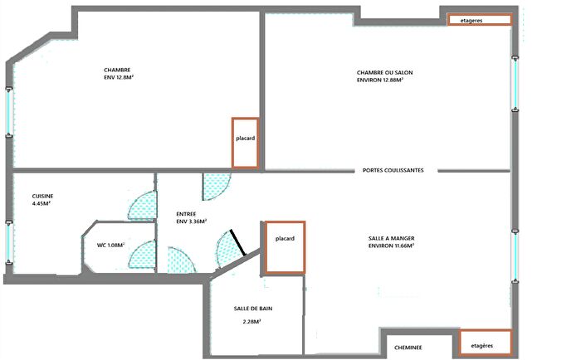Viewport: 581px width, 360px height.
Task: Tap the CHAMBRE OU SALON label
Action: pyautogui.click(x=384, y=76)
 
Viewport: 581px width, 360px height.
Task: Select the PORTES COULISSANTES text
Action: pyautogui.click(x=393, y=170)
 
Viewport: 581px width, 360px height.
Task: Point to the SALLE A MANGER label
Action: pyautogui.click(x=391, y=241)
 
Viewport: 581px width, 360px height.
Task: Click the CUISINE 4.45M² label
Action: pyautogui.click(x=42, y=199)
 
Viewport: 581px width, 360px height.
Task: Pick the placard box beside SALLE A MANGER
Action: pyautogui.click(x=285, y=246)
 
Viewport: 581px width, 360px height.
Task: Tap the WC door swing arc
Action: pyautogui.click(x=142, y=255)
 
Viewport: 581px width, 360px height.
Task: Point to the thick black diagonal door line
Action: pyautogui.click(x=238, y=241)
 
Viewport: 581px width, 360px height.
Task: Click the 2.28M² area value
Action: pyautogui.click(x=252, y=321)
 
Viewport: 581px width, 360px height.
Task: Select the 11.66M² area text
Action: pyautogui.click(x=401, y=246)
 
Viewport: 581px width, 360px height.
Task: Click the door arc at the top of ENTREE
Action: pyautogui.click(x=217, y=186)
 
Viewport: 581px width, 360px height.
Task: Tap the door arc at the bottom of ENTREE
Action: pyautogui.click(x=181, y=260)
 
